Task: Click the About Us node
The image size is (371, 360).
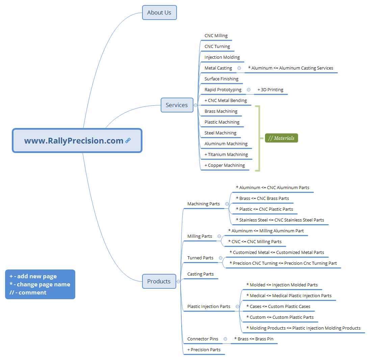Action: tap(159, 12)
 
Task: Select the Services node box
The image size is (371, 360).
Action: tap(177, 105)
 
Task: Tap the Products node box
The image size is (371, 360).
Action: tap(159, 281)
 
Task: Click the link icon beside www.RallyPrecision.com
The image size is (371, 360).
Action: tap(128, 141)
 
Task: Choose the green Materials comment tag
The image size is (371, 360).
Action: tap(281, 138)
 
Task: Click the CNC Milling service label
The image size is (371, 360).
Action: tap(216, 36)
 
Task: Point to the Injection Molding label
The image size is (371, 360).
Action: tap(222, 57)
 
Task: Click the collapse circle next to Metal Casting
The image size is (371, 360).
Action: tap(239, 68)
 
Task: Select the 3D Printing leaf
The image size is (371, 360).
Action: tap(270, 90)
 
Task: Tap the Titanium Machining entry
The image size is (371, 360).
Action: tap(226, 155)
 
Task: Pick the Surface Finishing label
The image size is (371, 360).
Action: tap(221, 79)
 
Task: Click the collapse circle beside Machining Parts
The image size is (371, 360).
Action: tap(227, 204)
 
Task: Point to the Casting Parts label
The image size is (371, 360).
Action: tap(201, 274)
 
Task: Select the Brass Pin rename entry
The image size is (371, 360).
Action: tap(254, 339)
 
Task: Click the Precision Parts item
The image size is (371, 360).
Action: tap(204, 350)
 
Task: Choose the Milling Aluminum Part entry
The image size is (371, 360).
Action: tap(266, 231)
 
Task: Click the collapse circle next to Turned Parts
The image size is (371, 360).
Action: tap(221, 258)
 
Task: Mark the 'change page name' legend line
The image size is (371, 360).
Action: tap(40, 284)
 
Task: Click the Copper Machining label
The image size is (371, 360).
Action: tap(225, 165)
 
